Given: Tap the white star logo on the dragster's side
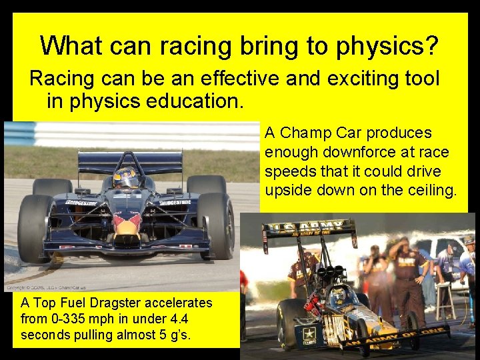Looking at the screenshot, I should click(308, 331).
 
